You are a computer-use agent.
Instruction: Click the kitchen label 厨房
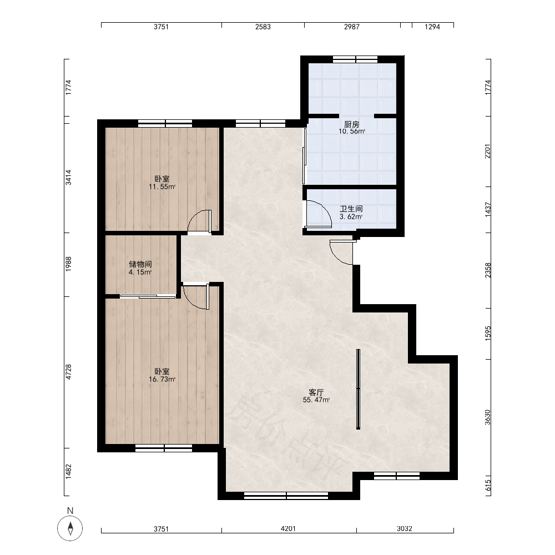point(351,124)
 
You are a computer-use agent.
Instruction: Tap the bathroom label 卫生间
point(351,209)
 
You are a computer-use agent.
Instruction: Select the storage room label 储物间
point(140,264)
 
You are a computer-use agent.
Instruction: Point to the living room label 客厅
point(316,392)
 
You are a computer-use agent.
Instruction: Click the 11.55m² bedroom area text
point(162,187)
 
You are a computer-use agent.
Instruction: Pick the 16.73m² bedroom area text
point(162,380)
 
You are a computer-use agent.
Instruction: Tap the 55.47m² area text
point(316,400)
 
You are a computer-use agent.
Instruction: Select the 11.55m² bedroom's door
point(200,221)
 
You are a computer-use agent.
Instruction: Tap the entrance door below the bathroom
point(341,253)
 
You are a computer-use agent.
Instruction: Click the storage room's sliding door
point(148,296)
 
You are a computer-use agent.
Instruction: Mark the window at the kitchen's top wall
point(355,59)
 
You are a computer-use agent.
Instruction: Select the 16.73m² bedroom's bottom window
point(164,448)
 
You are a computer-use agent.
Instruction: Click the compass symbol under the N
point(70,528)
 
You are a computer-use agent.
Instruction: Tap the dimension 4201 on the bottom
point(288,528)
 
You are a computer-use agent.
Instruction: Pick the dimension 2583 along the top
point(263,27)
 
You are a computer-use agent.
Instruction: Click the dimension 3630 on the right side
point(488,417)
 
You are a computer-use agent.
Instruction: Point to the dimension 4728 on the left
point(68,372)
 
